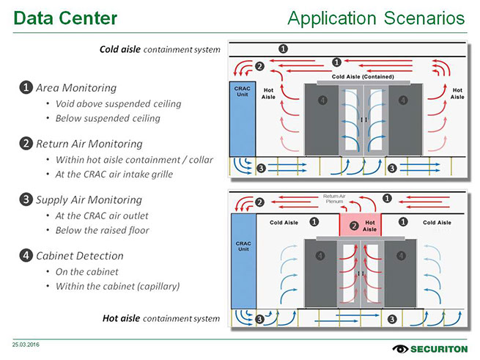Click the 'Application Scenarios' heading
pos(376,17)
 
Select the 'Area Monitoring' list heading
pos(75,88)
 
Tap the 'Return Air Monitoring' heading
pos(89,144)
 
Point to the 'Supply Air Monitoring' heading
pos(89,199)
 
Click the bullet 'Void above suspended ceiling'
pos(118,103)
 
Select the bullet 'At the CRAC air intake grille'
pos(124,174)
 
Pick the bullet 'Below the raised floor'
pos(102,230)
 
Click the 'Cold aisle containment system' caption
pos(160,50)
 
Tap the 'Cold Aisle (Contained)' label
pos(363,76)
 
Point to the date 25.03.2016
pos(26,344)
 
